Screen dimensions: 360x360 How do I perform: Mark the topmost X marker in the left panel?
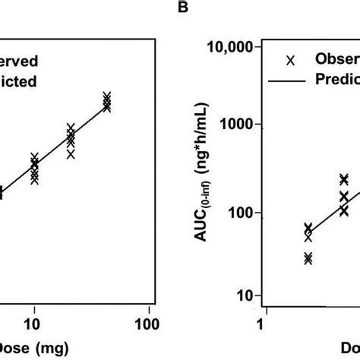point(107,96)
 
